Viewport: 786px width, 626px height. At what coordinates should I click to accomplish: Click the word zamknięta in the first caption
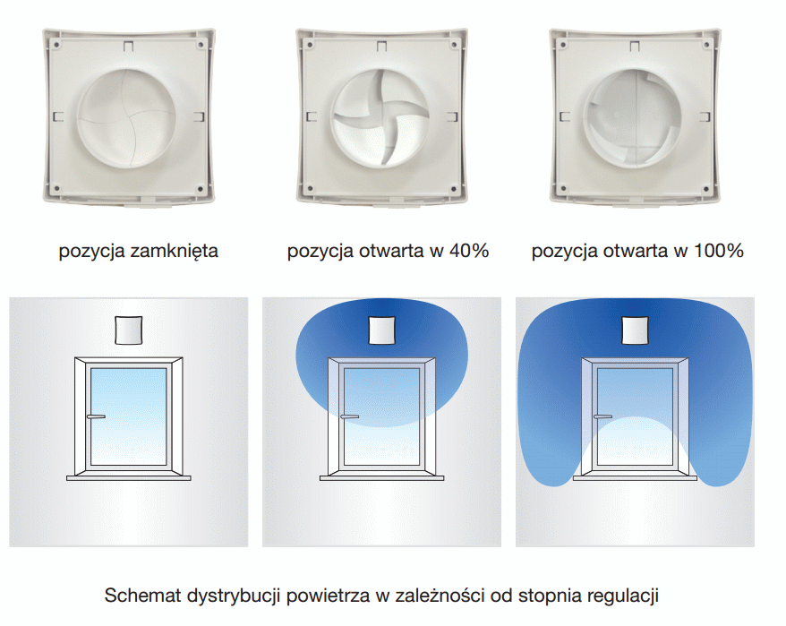(x=174, y=251)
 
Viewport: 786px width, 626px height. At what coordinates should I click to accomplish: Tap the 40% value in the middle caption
(x=469, y=250)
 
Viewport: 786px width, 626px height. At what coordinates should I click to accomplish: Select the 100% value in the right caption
(x=718, y=250)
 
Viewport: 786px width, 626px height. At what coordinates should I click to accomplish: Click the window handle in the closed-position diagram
(x=96, y=416)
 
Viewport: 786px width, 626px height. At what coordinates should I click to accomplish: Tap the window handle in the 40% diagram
(x=349, y=416)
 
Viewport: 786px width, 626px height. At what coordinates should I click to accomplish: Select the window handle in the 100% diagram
(x=602, y=416)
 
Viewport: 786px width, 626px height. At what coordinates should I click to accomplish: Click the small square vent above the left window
(x=129, y=330)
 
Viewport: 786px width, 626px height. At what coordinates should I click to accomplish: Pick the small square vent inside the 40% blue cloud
(x=382, y=330)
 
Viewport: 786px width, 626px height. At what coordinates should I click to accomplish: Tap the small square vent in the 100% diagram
(x=635, y=330)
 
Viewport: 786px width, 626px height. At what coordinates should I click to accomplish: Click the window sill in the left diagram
(x=129, y=478)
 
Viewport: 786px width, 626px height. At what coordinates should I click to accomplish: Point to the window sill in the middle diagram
(x=382, y=478)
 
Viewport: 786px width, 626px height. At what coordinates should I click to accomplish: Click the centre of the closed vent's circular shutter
(x=126, y=118)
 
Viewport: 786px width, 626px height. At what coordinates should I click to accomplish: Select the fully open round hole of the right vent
(x=634, y=118)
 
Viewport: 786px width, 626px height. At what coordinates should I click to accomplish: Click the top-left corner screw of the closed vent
(x=56, y=45)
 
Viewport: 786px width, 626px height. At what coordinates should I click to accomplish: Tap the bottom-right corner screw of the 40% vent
(x=454, y=189)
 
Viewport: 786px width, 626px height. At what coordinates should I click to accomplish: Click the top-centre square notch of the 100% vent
(x=635, y=47)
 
